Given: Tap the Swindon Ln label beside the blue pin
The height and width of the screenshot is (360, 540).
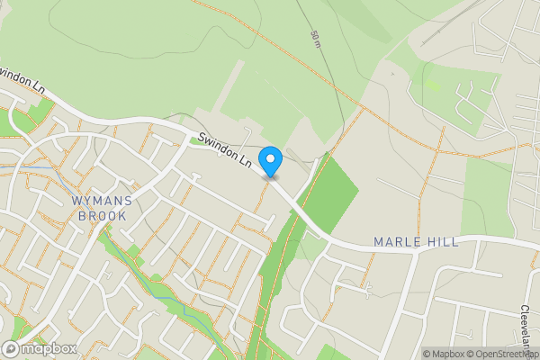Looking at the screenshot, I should pos(224,149).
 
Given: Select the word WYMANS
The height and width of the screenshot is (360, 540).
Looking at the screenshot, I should pos(101,201).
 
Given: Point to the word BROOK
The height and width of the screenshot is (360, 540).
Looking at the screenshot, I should pos(101,216).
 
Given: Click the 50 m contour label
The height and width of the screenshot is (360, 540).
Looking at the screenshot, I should pos(316,39).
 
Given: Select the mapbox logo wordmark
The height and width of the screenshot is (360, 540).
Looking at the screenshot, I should pos(49,349).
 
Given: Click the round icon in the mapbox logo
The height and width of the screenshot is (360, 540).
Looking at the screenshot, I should pos(11,349).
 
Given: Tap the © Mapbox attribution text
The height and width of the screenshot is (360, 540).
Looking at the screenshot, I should pos(443,354).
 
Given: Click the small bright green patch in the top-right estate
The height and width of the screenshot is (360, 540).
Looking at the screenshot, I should pos(433,85).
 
